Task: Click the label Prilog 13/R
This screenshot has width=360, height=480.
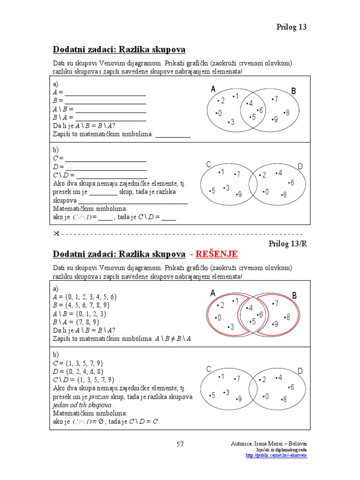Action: [287, 243]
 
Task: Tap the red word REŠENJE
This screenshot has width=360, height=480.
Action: [217, 254]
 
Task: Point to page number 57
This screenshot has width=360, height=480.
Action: [180, 444]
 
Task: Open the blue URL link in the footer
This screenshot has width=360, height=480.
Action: [277, 456]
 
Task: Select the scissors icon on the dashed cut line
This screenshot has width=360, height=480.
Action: [56, 233]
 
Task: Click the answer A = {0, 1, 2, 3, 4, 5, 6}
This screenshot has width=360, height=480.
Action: [85, 297]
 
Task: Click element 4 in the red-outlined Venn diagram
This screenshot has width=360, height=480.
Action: [250, 307]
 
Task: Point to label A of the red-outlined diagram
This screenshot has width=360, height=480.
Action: [213, 293]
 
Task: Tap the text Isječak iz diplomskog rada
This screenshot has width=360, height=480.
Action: [281, 450]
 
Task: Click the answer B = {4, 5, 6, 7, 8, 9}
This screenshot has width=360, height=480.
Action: [82, 305]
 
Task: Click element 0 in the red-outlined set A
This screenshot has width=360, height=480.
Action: [218, 318]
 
